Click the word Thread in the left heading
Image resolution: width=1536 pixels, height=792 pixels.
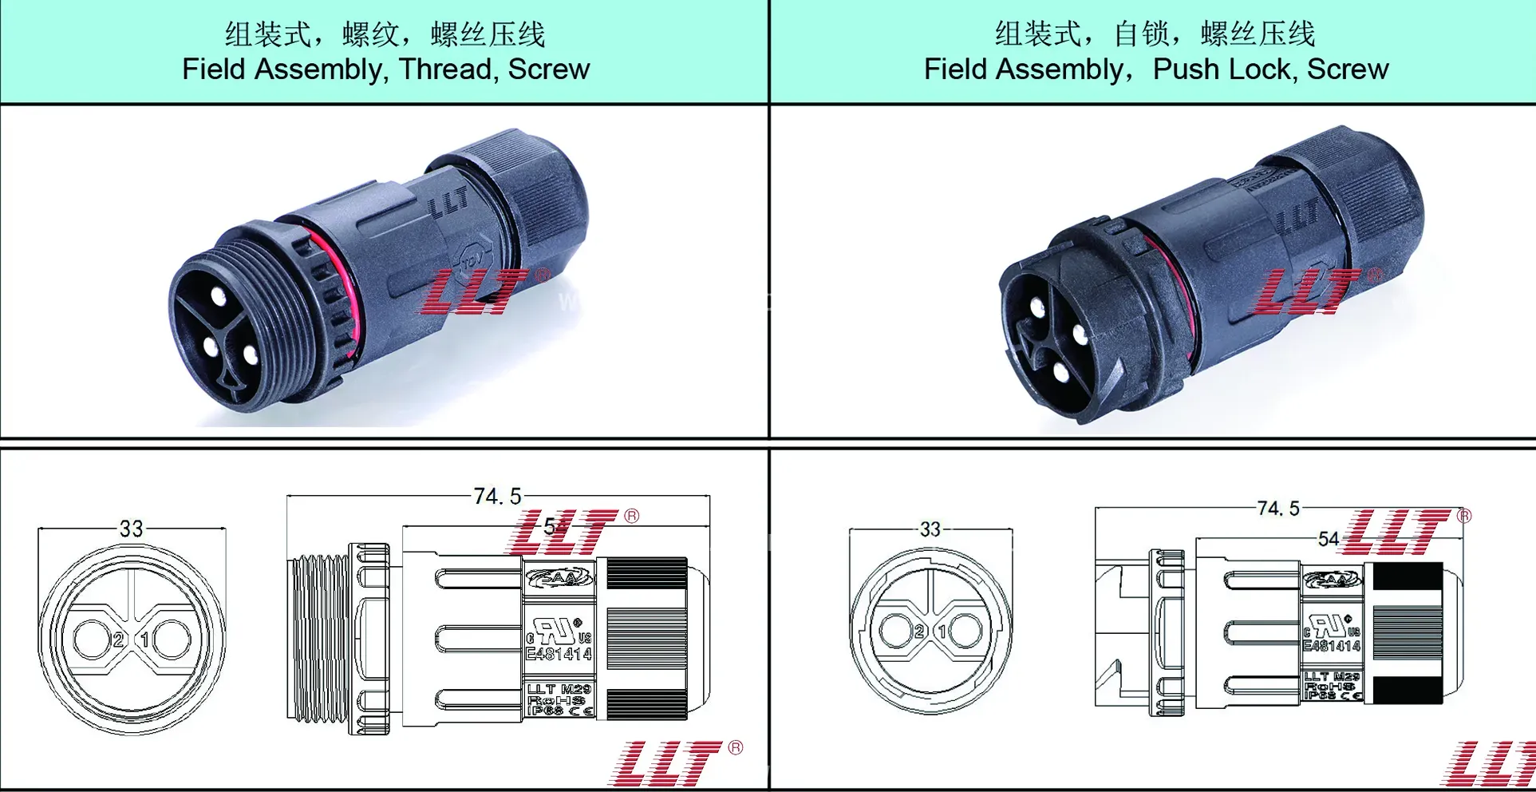(x=444, y=69)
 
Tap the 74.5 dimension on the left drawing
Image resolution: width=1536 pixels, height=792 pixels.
(x=496, y=497)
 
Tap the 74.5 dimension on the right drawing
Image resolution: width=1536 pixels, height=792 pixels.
(x=1277, y=509)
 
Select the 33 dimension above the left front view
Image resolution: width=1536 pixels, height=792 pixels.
(x=131, y=529)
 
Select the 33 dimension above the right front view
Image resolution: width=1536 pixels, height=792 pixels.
(x=930, y=529)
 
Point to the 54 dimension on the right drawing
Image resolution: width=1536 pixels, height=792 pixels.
(x=1328, y=539)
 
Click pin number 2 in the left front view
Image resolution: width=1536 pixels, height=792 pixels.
(x=118, y=640)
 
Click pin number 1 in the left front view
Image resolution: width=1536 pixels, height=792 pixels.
(x=145, y=640)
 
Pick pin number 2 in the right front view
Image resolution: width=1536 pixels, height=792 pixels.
(x=919, y=632)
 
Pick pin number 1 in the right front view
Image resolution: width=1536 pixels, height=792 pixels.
(x=942, y=632)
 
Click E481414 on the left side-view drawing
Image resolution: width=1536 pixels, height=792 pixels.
(x=559, y=654)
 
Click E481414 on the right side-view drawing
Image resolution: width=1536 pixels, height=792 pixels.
(x=1331, y=645)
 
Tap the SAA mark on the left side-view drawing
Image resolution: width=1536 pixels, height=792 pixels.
(x=559, y=577)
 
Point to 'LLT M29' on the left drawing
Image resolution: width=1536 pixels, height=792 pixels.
(x=559, y=688)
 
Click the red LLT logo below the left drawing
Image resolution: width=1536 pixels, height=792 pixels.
(x=666, y=762)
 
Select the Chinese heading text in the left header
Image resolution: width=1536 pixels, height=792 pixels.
(x=385, y=34)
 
